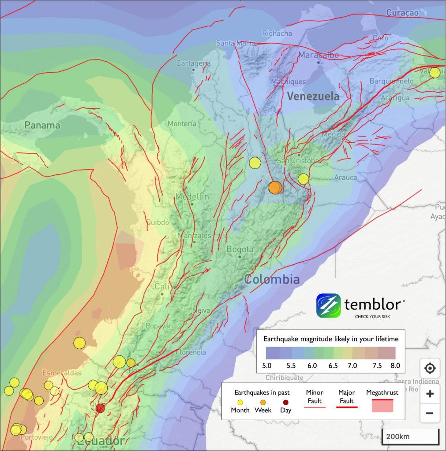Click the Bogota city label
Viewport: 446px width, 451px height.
(240, 249)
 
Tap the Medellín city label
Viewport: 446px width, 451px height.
(192, 196)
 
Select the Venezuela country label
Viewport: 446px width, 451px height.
(313, 96)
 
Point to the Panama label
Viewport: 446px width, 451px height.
(42, 125)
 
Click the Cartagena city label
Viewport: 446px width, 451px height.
(193, 63)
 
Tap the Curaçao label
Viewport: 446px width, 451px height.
(402, 13)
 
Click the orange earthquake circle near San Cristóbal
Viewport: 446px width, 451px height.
(275, 188)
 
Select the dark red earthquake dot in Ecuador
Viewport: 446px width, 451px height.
(101, 408)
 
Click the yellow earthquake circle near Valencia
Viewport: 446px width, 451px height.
(435, 73)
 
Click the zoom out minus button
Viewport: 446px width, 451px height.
(429, 413)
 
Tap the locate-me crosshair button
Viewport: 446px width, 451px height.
(429, 368)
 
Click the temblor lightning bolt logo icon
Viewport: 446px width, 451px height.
(328, 306)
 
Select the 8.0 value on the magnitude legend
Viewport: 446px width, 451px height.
(395, 365)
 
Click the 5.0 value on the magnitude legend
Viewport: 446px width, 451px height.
(266, 365)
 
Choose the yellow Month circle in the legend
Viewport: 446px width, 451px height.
(240, 402)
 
